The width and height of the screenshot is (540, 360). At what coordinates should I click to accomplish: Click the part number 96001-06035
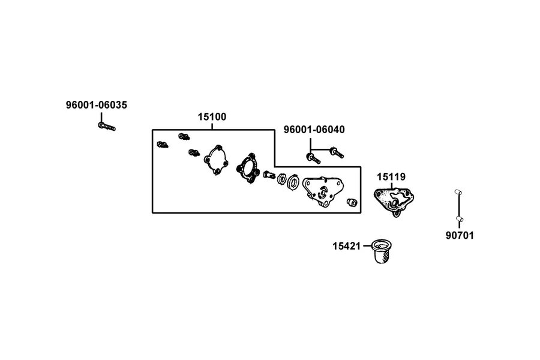click(97, 105)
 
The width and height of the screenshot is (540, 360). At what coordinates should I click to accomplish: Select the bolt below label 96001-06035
click(106, 127)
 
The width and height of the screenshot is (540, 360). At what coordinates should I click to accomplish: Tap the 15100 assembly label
click(212, 117)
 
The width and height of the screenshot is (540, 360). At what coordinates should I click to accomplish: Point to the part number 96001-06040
click(314, 130)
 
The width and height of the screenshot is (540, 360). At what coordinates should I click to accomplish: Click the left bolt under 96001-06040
click(313, 158)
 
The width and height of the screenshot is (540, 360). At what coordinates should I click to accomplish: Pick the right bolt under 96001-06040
click(337, 152)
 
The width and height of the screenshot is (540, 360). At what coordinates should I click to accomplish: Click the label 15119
click(391, 177)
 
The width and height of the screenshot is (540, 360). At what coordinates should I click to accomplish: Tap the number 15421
click(346, 247)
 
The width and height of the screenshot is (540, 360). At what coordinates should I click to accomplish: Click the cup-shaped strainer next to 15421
click(382, 251)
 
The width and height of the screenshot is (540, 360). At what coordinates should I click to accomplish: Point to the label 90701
click(460, 236)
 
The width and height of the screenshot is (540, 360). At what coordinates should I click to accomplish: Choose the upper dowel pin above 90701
click(458, 192)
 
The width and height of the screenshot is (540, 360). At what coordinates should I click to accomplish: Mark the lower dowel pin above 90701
click(460, 219)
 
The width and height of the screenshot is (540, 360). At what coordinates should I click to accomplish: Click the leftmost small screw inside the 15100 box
click(163, 145)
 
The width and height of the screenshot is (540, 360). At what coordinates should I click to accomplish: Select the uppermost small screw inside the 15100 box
click(184, 136)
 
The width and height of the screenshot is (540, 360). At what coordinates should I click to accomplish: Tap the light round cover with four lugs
click(216, 160)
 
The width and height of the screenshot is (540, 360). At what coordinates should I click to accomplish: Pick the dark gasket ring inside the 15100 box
click(247, 169)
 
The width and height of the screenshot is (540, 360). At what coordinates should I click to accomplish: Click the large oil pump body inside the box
click(323, 192)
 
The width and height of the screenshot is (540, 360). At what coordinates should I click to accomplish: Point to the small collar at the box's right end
click(352, 202)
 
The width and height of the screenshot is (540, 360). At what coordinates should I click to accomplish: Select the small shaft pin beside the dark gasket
click(269, 175)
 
